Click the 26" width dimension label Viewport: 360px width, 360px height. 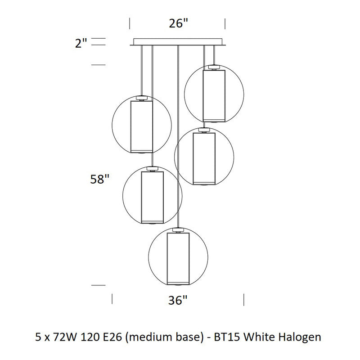178,23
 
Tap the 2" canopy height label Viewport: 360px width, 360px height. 81,43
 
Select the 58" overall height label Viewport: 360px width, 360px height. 99,179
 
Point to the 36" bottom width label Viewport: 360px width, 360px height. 178,300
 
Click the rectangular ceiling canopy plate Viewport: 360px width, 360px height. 178,42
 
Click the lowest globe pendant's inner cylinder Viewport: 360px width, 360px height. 178,259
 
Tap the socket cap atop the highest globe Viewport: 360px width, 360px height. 214,67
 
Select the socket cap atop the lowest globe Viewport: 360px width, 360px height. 178,230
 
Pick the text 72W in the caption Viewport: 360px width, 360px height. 64,337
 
